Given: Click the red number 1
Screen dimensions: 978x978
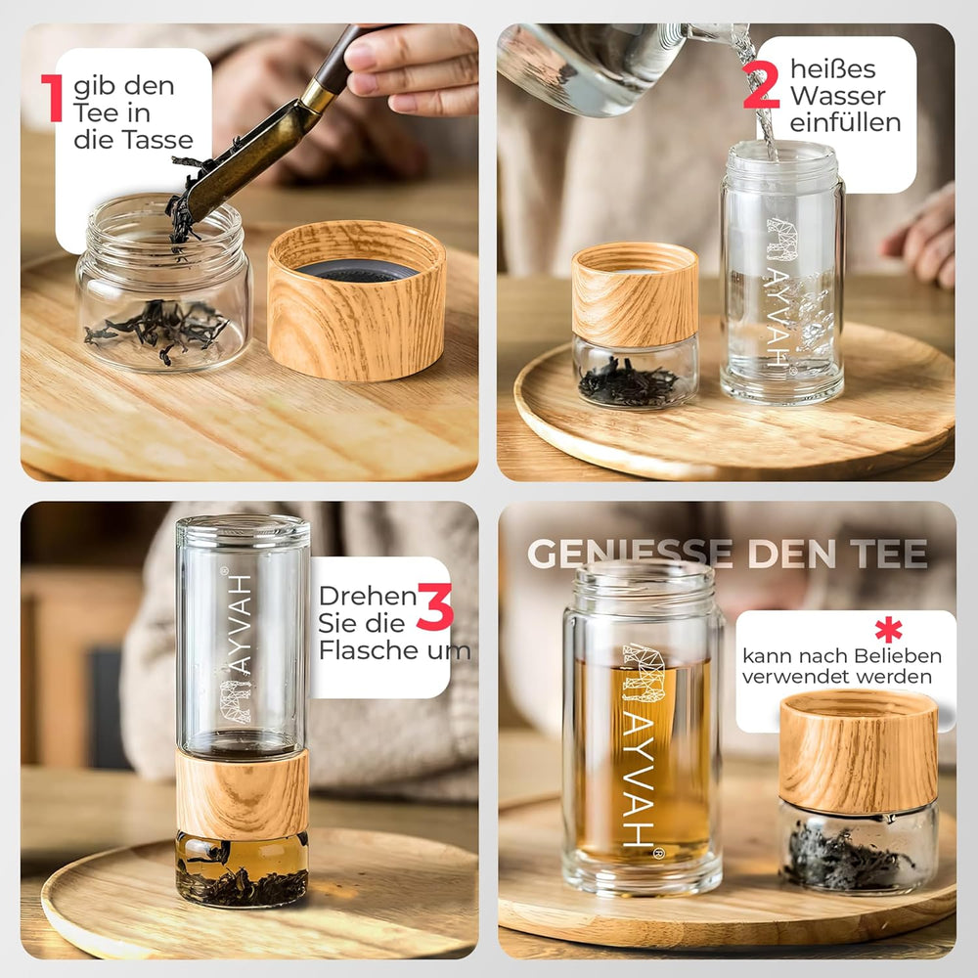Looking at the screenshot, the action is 53,98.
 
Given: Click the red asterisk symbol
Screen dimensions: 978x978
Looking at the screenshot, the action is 888,629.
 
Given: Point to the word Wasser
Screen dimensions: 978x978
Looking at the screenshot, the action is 838,96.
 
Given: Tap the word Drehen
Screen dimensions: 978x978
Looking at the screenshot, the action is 368,596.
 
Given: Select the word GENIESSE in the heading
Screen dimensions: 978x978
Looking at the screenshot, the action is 630,554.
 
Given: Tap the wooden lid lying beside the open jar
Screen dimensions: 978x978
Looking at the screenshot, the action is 356,300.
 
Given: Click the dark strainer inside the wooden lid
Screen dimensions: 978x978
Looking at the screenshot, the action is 357,270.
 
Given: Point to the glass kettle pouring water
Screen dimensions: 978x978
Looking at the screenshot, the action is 599,67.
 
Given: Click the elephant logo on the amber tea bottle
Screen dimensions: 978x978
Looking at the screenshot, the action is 644,673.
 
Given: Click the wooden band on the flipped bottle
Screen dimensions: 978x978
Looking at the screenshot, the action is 242,794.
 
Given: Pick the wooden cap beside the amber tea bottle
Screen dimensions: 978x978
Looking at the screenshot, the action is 859,751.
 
